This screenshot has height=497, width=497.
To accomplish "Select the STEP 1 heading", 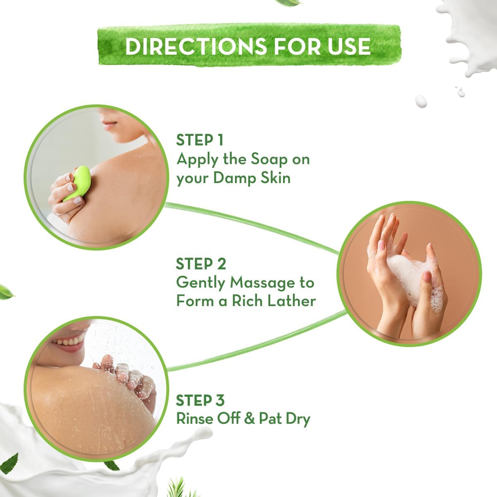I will point(199,140).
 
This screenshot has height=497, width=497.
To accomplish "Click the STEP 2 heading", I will point(201,264).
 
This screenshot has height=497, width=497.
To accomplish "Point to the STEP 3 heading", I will point(200,400).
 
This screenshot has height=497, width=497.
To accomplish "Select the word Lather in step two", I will point(291,301).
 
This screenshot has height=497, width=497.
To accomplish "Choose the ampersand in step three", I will point(248,419).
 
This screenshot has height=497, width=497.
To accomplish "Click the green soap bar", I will point(78,182).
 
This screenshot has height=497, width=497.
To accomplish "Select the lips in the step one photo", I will point(108,124).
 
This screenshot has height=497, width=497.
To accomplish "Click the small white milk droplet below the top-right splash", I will point(421,101).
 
